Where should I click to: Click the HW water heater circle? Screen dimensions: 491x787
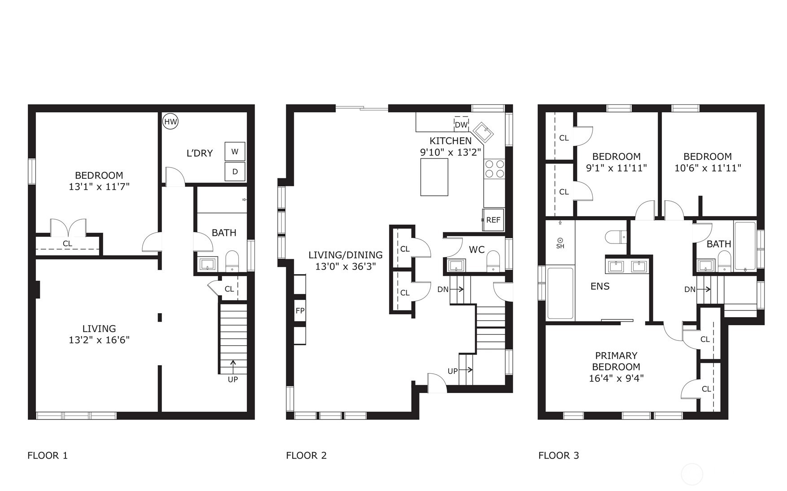tap(171, 121)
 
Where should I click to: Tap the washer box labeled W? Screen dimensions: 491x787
tap(235, 152)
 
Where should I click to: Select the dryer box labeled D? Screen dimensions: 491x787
tap(235, 172)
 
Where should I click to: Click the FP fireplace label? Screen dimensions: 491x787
tap(300, 311)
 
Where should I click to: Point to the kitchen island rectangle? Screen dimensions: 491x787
tap(434, 177)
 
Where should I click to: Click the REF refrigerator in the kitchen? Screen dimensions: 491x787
tap(493, 220)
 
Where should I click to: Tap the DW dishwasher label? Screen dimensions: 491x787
tap(461, 125)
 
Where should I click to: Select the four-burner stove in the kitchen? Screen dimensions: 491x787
tap(494, 169)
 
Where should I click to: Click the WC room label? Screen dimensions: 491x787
tap(477, 250)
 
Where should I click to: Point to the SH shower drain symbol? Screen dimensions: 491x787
tap(560, 240)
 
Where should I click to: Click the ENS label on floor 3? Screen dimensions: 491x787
tap(600, 287)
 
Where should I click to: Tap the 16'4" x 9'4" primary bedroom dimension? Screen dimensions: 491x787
tap(616, 378)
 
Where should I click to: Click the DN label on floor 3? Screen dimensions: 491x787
tap(690, 290)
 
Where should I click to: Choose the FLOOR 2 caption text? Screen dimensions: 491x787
tap(306, 456)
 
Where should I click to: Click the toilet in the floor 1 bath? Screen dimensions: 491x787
tap(232, 261)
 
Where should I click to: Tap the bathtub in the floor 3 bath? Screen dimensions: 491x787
tap(745, 245)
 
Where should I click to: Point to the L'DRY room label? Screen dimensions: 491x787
tap(199, 153)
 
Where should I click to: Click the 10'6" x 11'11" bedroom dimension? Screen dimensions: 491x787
tap(708, 168)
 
